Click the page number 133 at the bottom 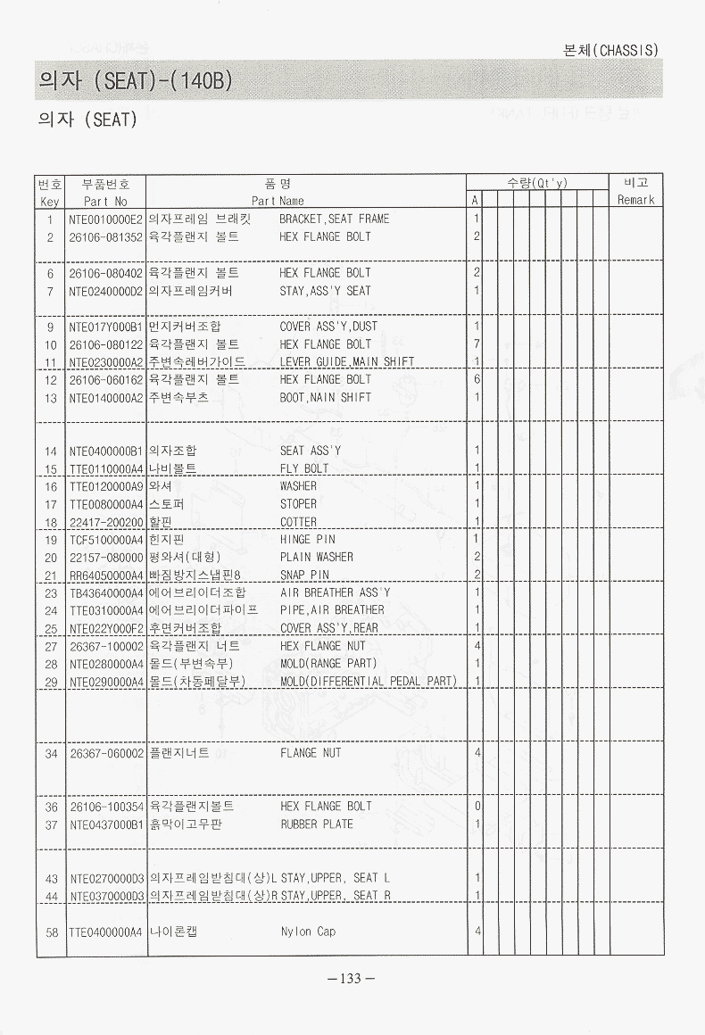[x=352, y=979]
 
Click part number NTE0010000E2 [x=106, y=219]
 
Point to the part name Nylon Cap [x=308, y=931]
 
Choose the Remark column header [x=636, y=200]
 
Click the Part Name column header [x=278, y=201]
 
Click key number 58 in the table [x=50, y=932]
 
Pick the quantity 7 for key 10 [x=477, y=344]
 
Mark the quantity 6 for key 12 [x=477, y=379]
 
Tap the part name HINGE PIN [x=308, y=539]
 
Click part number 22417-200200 [x=106, y=522]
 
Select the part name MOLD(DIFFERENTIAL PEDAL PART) [x=369, y=682]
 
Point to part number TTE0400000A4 [x=106, y=932]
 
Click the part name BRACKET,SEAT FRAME [x=335, y=219]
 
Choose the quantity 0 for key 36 [x=477, y=807]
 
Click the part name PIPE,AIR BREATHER [x=332, y=610]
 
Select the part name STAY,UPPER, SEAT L [x=336, y=878]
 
